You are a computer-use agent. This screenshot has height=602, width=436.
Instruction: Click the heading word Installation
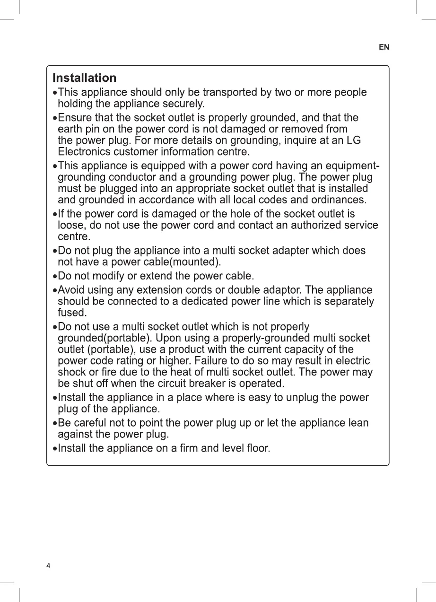[84, 78]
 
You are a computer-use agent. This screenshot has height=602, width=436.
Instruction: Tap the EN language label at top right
[384, 47]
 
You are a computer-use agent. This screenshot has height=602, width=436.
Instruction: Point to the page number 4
[48, 566]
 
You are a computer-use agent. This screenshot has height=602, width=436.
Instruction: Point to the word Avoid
[70, 290]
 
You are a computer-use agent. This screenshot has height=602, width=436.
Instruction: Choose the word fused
[72, 313]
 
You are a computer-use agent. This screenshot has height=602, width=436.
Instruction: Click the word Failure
[249, 361]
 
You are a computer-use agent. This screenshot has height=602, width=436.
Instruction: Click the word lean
[358, 423]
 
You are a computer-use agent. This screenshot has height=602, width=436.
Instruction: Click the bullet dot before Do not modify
[55, 276]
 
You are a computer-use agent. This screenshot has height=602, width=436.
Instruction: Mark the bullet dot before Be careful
[55, 423]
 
